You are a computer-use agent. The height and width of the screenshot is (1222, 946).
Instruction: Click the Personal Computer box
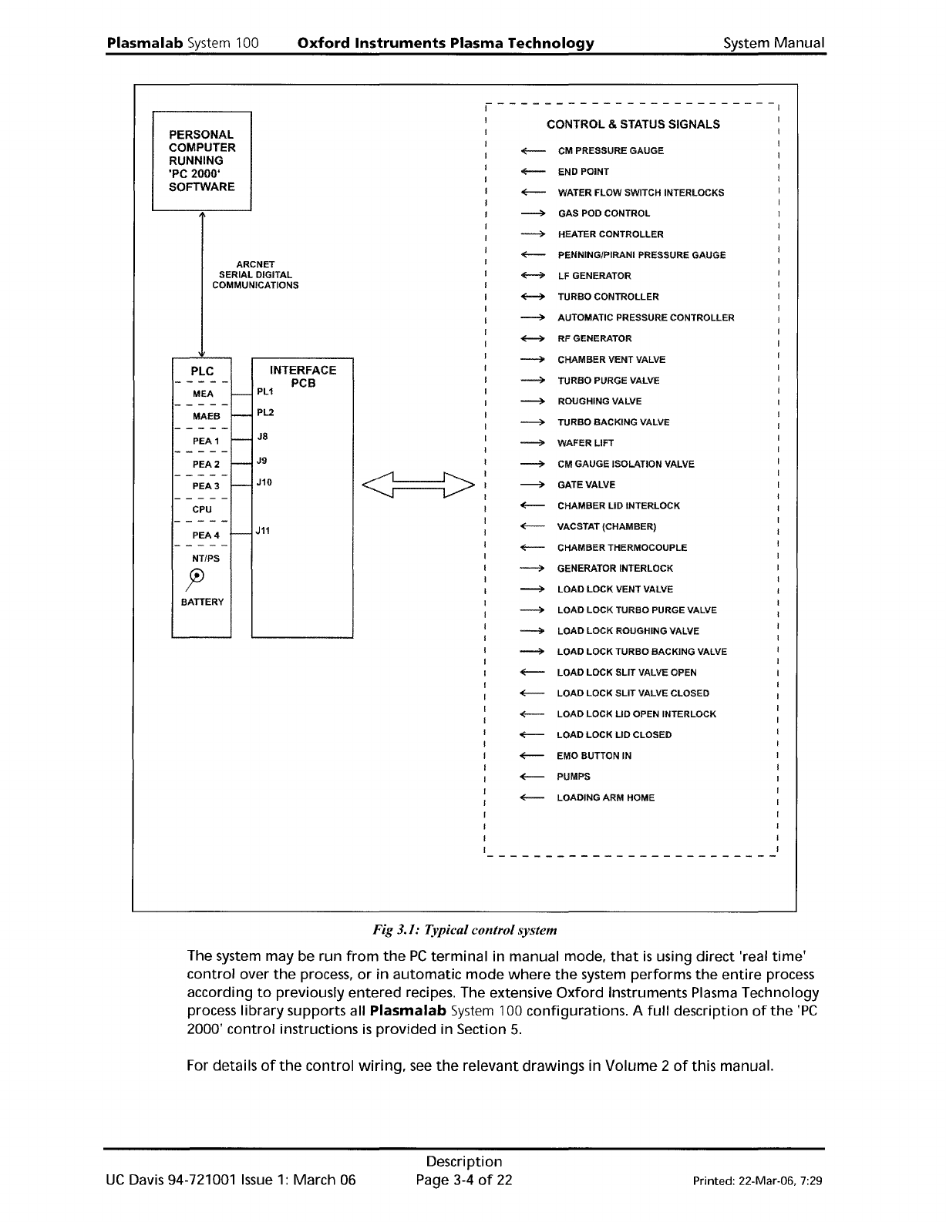(x=202, y=160)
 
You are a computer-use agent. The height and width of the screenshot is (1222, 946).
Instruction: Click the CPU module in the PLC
(x=202, y=509)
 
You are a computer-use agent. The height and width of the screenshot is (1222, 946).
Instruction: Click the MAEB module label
(x=206, y=417)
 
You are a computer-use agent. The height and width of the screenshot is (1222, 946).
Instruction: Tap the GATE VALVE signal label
(x=586, y=485)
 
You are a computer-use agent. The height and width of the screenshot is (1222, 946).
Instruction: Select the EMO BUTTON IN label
(x=594, y=756)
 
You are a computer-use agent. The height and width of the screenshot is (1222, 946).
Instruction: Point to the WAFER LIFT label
(x=585, y=443)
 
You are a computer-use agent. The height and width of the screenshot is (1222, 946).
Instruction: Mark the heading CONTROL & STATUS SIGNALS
(x=633, y=124)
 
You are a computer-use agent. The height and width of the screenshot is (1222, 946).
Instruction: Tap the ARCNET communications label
(x=255, y=275)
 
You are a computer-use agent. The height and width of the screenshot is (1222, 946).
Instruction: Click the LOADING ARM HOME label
(x=605, y=797)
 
